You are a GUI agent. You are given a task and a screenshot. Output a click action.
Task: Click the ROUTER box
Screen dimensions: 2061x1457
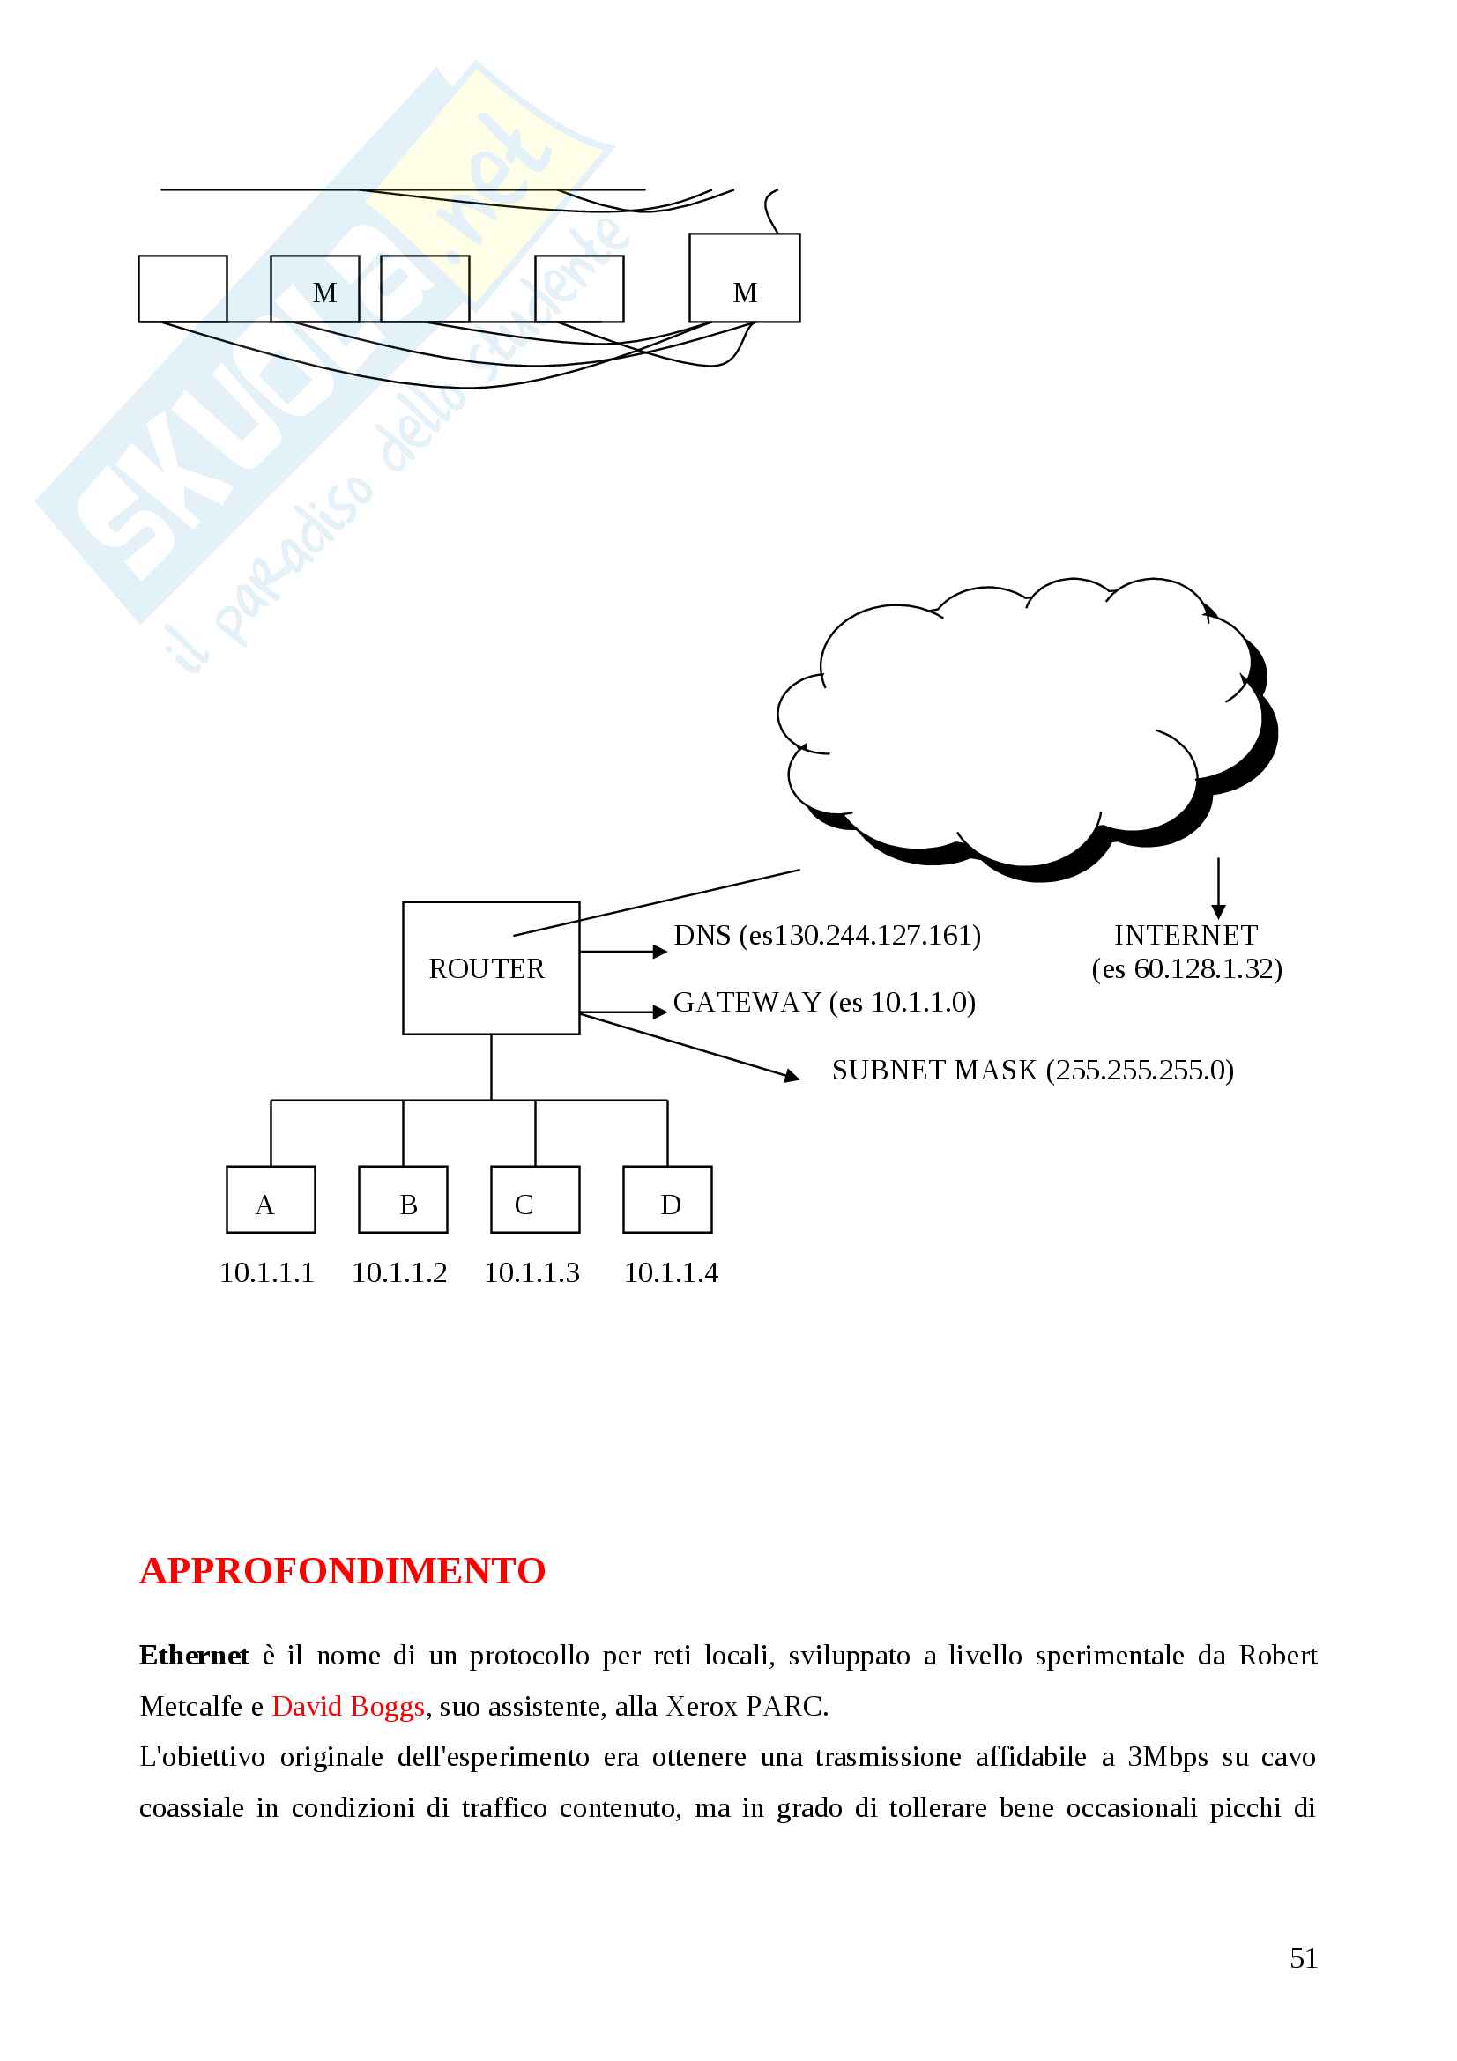490,967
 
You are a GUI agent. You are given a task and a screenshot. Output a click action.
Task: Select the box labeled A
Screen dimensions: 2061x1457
271,1199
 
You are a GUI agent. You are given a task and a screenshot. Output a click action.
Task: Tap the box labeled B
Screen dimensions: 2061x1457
403,1199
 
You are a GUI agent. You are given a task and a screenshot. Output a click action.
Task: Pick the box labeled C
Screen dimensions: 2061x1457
535,1199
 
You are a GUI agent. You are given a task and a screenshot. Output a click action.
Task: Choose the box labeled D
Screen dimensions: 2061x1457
667,1199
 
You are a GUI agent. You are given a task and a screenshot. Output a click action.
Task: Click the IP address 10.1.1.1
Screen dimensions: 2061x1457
266,1273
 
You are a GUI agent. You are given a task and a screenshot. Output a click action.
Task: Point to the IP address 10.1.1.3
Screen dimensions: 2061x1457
532,1273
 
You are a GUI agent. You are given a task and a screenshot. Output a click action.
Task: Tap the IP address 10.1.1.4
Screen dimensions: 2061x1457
671,1273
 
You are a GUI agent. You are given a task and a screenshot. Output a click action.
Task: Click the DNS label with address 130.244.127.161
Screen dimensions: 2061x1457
827,936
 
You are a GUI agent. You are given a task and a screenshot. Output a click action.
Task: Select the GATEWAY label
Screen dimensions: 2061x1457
824,1002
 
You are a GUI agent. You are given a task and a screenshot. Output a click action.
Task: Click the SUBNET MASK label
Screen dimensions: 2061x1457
1032,1070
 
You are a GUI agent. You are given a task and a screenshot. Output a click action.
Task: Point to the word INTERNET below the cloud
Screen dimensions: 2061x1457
1185,936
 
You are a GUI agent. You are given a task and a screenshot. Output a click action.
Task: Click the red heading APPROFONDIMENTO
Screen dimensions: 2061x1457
342,1571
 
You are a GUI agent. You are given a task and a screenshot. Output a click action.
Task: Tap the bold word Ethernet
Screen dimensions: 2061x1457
194,1656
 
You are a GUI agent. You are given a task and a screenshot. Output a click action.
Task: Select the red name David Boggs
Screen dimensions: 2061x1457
347,1707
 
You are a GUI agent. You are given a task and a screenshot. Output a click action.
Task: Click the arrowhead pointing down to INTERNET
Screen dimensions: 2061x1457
1218,912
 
